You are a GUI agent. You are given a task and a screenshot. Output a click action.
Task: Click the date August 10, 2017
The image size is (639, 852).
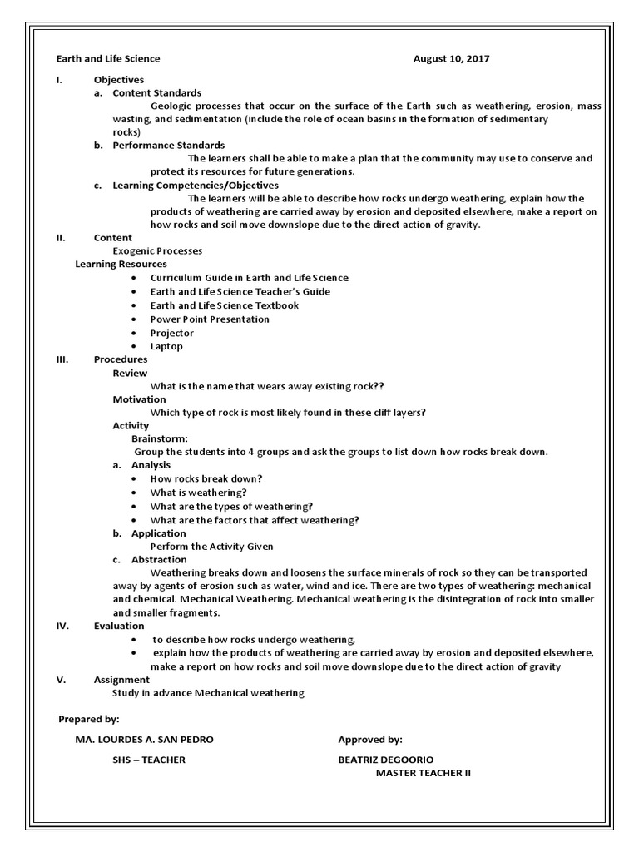point(451,59)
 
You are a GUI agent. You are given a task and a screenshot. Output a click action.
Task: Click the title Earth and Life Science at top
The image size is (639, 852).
point(108,59)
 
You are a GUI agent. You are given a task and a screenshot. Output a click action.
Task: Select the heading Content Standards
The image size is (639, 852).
point(156,93)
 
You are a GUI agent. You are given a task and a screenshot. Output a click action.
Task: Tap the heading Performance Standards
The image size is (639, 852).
point(169,146)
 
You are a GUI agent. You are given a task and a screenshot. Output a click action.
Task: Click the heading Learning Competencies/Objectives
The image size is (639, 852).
point(196,186)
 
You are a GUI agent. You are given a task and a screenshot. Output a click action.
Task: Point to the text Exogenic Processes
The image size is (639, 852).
point(157,250)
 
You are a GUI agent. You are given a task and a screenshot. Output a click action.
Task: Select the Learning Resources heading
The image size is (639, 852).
point(121,265)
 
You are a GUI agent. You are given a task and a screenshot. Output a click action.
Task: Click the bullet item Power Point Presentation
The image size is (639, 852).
point(210,319)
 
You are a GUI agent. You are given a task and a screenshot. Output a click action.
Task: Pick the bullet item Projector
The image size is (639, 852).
point(172,333)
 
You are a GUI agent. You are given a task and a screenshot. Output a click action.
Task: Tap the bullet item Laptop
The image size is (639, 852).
point(166,346)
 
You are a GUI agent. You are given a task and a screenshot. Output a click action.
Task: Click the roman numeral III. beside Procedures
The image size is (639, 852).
point(62,359)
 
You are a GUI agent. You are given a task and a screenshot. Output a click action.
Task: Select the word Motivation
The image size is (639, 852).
point(139,399)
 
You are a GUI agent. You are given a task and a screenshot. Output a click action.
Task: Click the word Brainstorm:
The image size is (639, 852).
point(160,438)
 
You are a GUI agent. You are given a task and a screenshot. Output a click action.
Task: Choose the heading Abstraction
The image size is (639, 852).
point(159,560)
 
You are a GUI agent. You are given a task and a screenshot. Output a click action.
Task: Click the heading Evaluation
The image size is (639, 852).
point(119,626)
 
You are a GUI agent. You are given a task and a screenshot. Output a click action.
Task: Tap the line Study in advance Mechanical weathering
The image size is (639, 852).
point(208,693)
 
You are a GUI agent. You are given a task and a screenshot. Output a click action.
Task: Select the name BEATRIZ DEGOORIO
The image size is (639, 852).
point(386,760)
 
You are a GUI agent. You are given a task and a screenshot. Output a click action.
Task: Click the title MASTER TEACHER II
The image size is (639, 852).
point(423,773)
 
